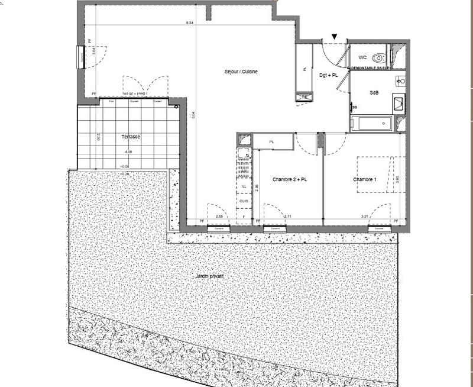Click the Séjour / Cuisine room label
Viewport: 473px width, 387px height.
click(241, 72)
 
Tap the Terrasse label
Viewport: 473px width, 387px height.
click(131, 137)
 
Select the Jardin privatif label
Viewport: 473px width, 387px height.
click(211, 276)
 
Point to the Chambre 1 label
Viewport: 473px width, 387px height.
click(364, 180)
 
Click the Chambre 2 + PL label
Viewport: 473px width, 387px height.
click(290, 180)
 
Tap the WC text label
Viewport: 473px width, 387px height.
click(362, 57)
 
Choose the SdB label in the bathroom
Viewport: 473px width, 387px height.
click(374, 93)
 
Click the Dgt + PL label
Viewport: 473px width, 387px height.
click(328, 75)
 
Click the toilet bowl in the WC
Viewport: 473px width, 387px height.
click(380, 58)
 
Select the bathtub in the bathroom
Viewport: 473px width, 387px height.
click(371, 124)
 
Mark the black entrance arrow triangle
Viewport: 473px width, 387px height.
click(335, 37)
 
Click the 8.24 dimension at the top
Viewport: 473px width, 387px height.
click(189, 22)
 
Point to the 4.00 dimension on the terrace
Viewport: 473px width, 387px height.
click(128, 152)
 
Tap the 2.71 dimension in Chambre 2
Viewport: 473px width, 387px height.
click(288, 217)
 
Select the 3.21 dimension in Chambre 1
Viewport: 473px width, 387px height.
click(365, 217)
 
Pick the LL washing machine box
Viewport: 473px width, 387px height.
click(244, 186)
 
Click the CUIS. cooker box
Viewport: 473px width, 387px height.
click(244, 201)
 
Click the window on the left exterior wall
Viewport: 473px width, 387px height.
click(80, 57)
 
